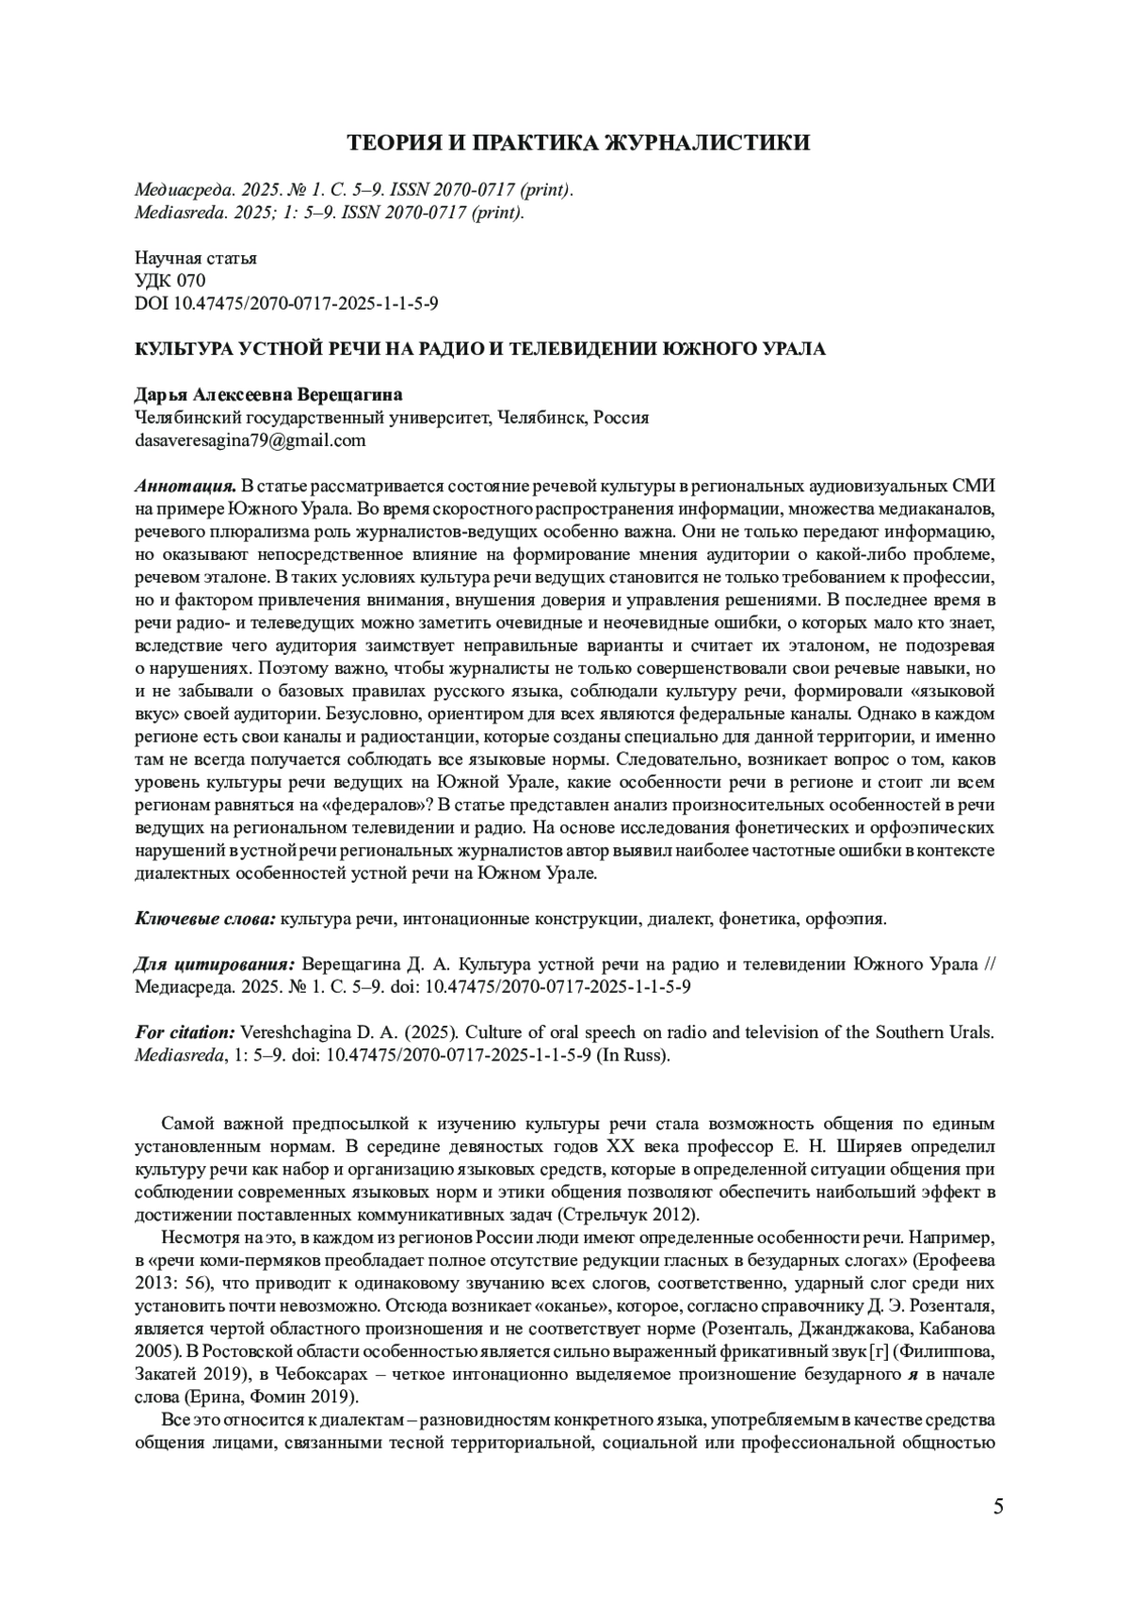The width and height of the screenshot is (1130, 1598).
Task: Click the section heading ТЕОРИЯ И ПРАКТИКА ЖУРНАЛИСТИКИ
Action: tap(578, 143)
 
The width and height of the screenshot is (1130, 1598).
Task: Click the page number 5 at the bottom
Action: tap(997, 1507)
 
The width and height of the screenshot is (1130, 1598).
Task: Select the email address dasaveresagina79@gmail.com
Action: tap(250, 439)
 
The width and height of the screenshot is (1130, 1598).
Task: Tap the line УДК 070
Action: tap(169, 280)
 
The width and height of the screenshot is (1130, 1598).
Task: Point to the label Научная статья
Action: tap(196, 258)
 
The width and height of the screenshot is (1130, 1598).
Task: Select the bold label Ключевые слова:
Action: tap(205, 918)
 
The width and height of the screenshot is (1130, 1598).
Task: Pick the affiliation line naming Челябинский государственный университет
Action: tap(392, 417)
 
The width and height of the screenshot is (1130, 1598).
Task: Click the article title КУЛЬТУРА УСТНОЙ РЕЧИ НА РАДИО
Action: tap(480, 349)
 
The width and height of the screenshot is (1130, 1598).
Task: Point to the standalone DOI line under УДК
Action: tap(286, 304)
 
